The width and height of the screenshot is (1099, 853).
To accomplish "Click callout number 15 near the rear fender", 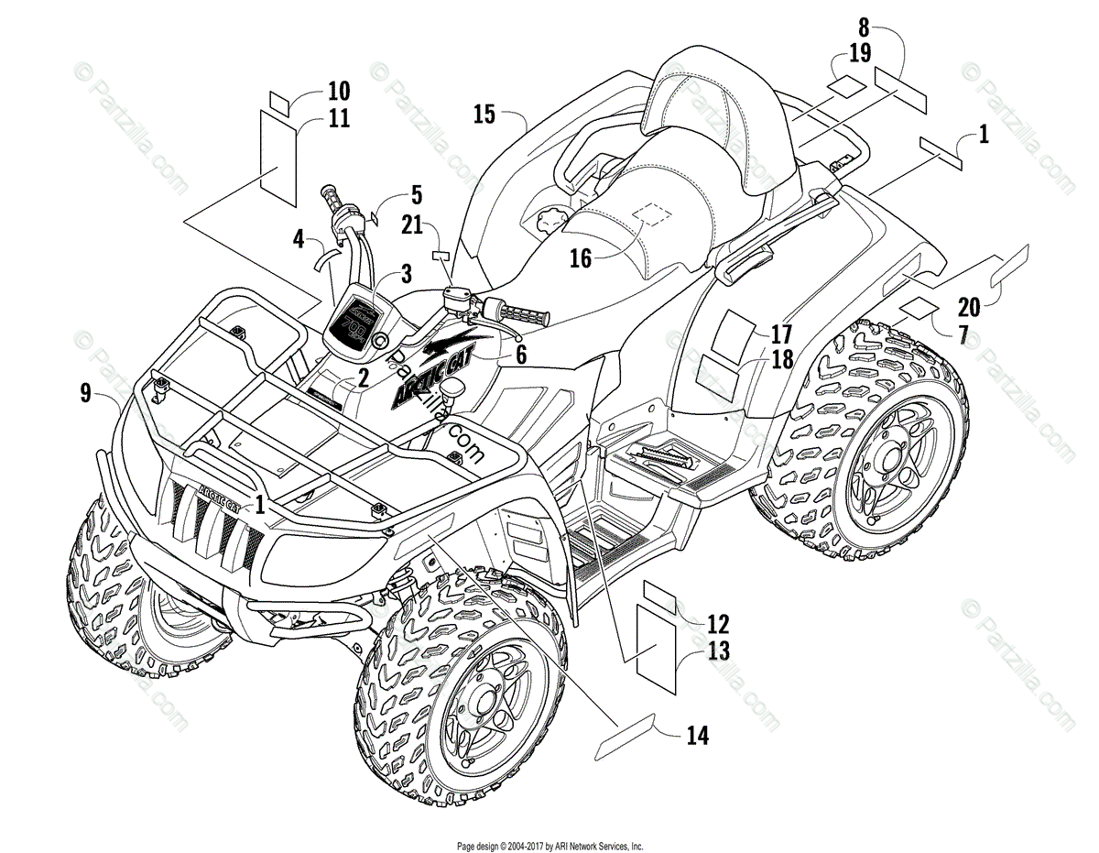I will click(484, 115).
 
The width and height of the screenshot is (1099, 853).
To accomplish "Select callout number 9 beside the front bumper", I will click(85, 394).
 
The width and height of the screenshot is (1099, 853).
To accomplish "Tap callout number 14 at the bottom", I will click(696, 734).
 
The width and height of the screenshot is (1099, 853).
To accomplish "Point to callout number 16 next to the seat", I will click(581, 258).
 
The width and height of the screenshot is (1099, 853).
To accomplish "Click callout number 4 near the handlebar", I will click(299, 241).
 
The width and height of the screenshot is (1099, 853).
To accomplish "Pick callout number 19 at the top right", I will click(859, 53).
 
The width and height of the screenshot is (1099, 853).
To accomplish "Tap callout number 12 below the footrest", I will click(718, 625).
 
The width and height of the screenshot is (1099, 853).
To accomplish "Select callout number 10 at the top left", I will click(339, 91).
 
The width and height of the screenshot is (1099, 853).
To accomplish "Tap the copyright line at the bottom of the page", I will click(549, 847).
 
